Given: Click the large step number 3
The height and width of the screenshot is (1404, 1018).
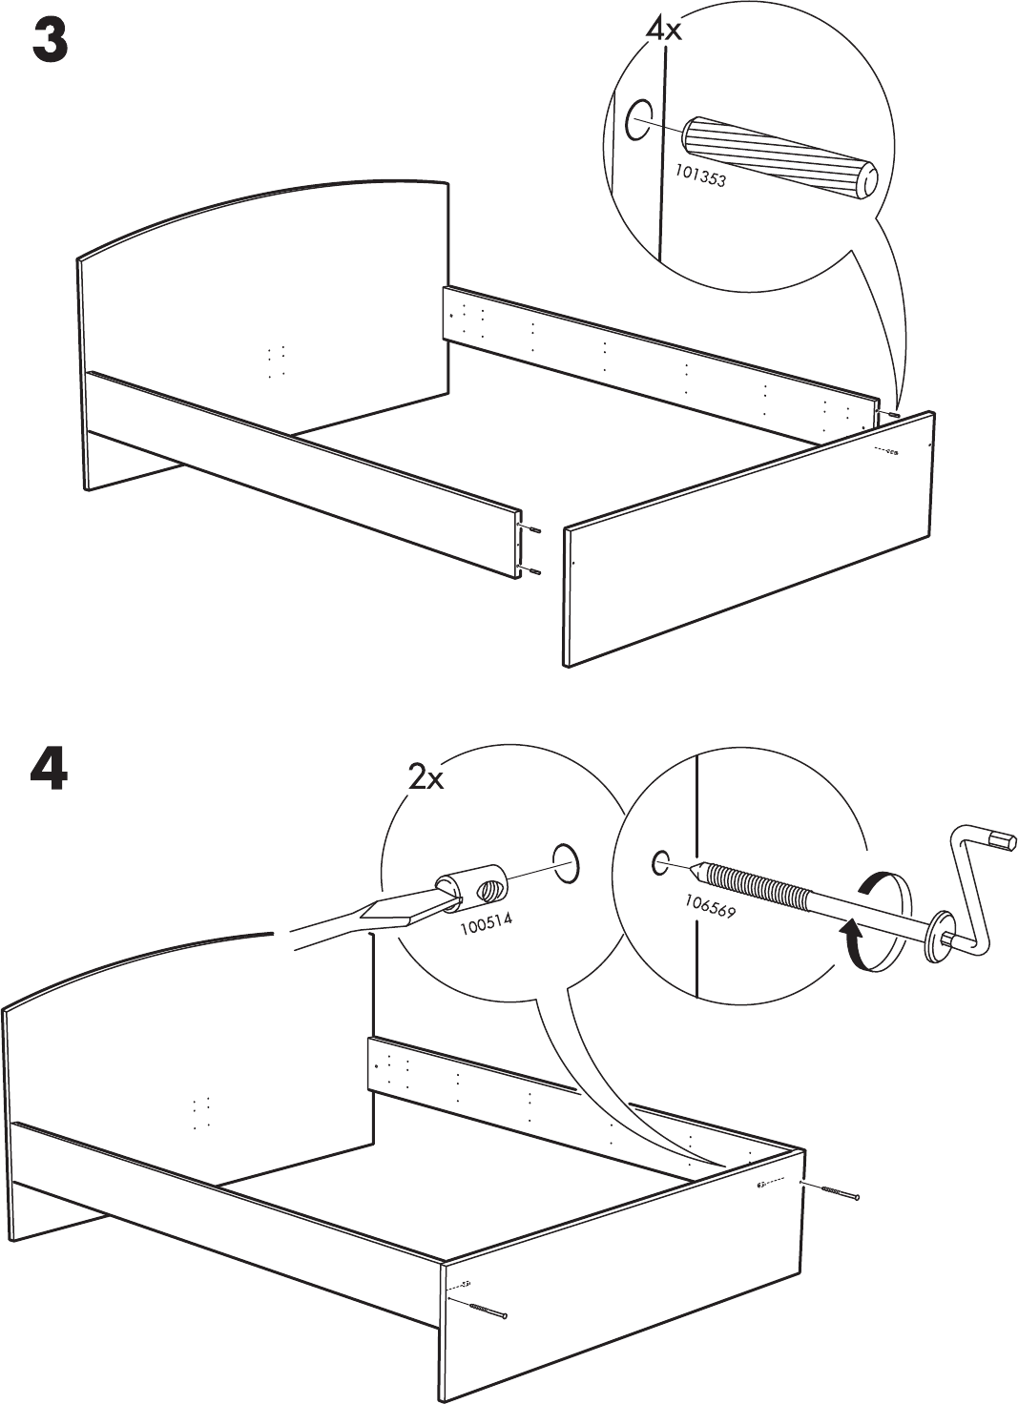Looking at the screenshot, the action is [51, 43].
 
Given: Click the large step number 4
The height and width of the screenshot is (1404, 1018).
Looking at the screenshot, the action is [49, 771].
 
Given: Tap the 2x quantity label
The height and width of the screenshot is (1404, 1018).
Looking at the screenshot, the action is [426, 779].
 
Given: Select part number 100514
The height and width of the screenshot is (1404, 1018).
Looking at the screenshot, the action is [486, 922].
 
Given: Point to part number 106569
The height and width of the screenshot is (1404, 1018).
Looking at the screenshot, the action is [710, 904].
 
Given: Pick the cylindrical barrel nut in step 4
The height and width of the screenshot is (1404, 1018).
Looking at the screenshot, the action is [474, 886].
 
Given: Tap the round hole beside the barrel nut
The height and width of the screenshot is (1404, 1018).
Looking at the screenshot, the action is [564, 861].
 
